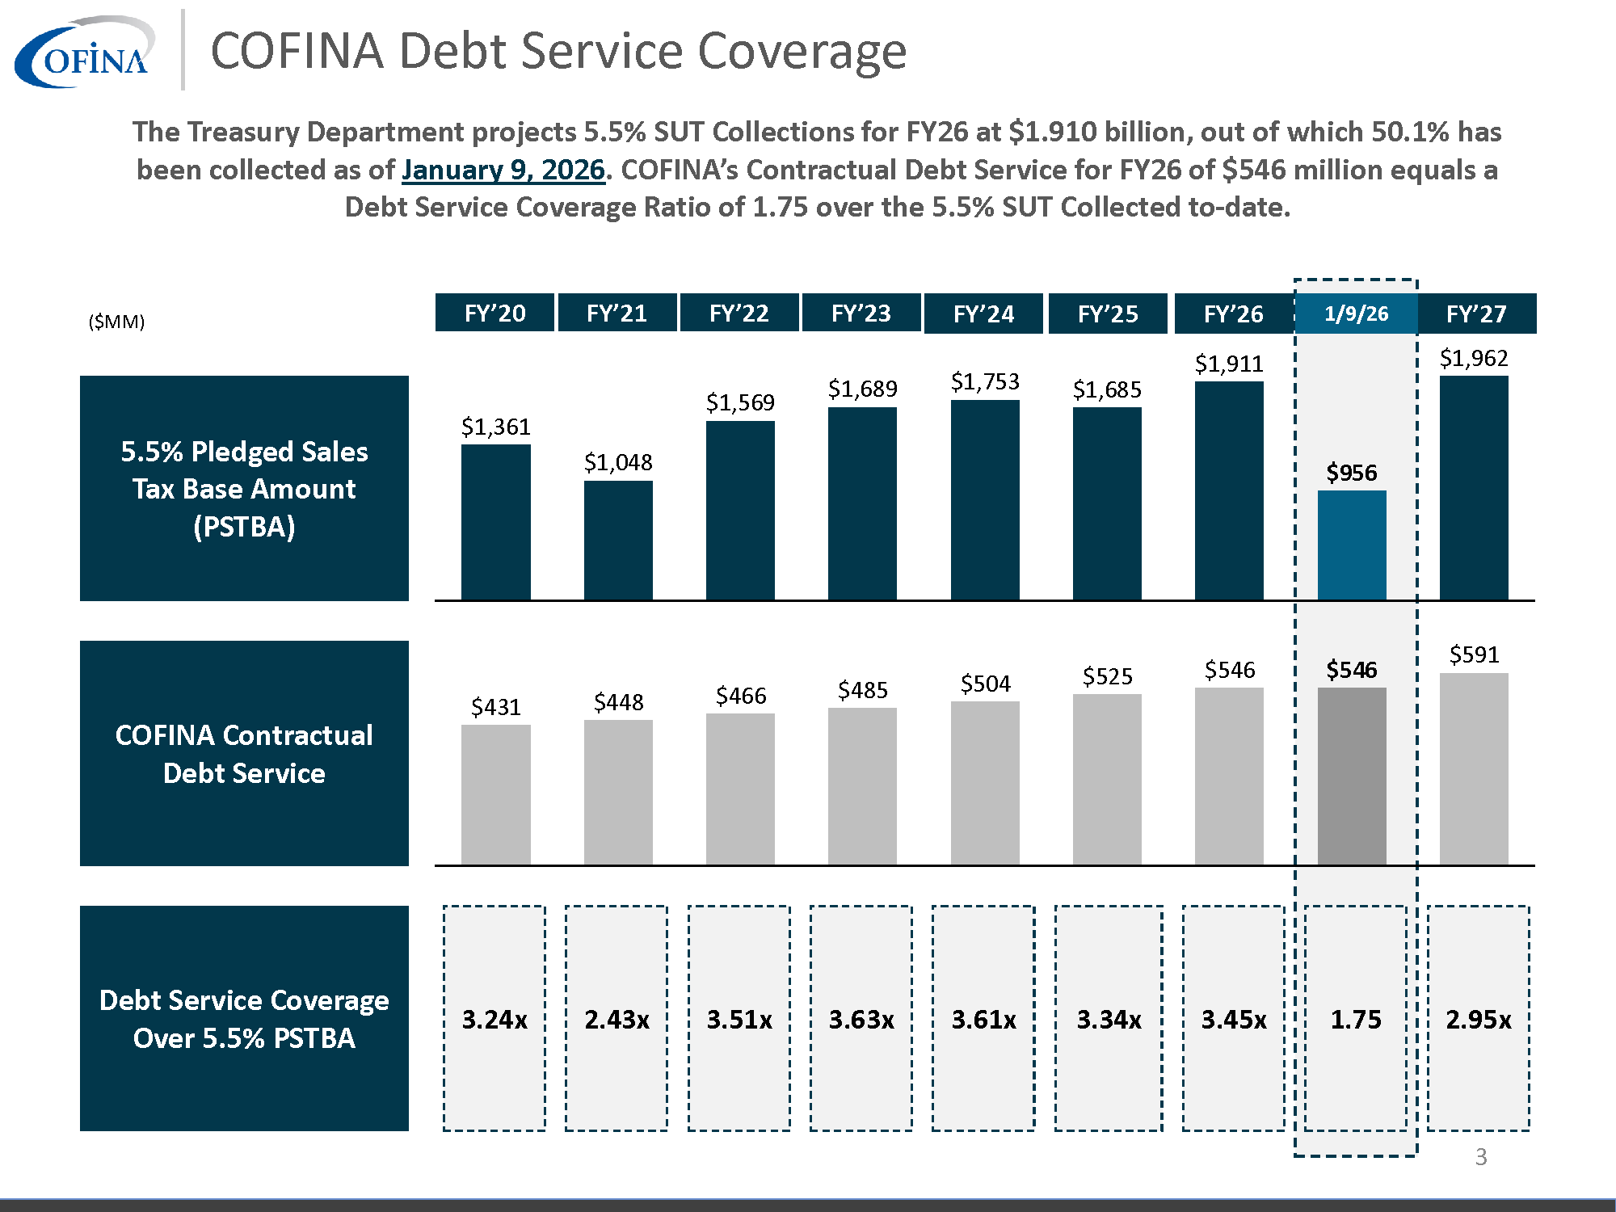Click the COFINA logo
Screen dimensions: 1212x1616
click(85, 53)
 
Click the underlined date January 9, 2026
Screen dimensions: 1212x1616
click(503, 170)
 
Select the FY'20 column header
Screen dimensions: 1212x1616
click(494, 313)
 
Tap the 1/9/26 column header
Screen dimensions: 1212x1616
click(1356, 314)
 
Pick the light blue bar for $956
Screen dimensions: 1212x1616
click(1352, 545)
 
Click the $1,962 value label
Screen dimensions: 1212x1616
click(1474, 358)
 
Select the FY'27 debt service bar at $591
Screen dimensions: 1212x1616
click(1474, 768)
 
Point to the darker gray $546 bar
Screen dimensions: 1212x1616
click(1352, 776)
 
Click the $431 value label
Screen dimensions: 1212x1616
click(495, 707)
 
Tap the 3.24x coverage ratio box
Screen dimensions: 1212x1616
click(494, 1018)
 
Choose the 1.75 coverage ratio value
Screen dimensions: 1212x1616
click(1356, 1019)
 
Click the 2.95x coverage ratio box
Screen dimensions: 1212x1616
click(1478, 1018)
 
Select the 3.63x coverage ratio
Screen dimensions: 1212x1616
click(861, 1019)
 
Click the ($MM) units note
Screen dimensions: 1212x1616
click(116, 322)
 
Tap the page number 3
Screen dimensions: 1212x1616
click(1480, 1156)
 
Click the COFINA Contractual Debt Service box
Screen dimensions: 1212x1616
click(244, 753)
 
